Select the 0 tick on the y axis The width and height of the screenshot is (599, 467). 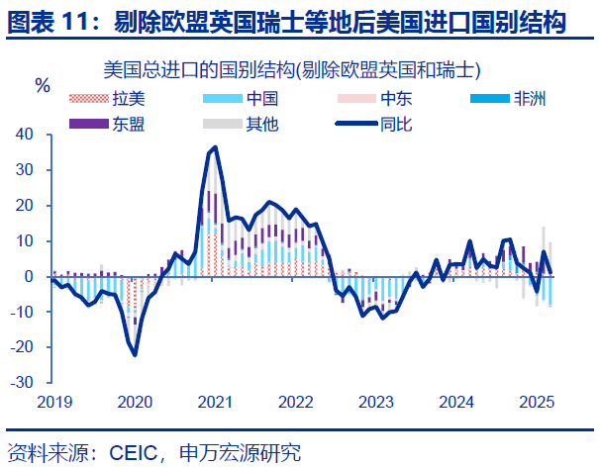tap(31, 277)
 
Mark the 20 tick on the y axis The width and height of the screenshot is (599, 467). tap(26, 206)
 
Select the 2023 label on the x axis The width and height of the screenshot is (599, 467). tap(375, 403)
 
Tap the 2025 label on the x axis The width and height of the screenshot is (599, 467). tap(536, 403)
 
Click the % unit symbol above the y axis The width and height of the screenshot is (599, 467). tap(43, 85)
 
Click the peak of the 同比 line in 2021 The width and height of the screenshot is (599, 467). tap(215, 147)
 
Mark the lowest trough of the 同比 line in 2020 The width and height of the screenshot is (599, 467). tap(135, 355)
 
